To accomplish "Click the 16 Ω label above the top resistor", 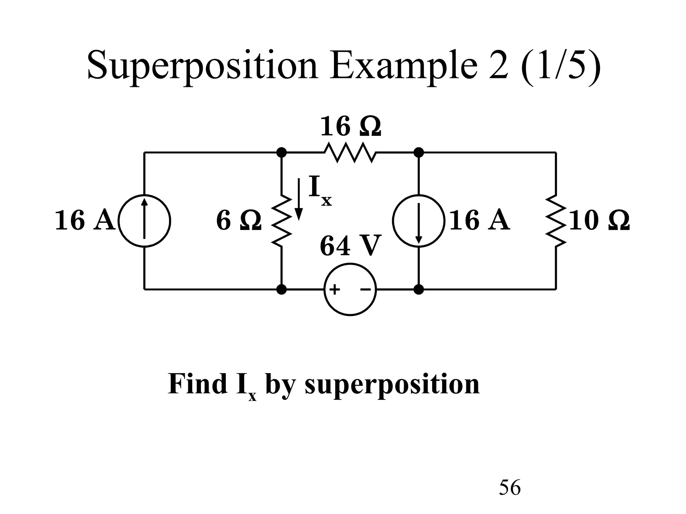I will (350, 127).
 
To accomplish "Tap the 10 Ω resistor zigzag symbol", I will (556, 221).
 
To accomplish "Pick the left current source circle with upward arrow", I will (145, 221).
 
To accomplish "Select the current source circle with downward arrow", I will (419, 221).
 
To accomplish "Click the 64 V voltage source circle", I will (350, 289).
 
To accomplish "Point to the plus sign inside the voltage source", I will (335, 289).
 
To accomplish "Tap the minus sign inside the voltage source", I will (365, 289).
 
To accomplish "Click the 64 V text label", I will (350, 246).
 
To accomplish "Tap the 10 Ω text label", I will (599, 221).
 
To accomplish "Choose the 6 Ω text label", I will (238, 221).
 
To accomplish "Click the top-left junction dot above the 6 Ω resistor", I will (282, 153).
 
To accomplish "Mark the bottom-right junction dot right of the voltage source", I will (419, 289).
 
